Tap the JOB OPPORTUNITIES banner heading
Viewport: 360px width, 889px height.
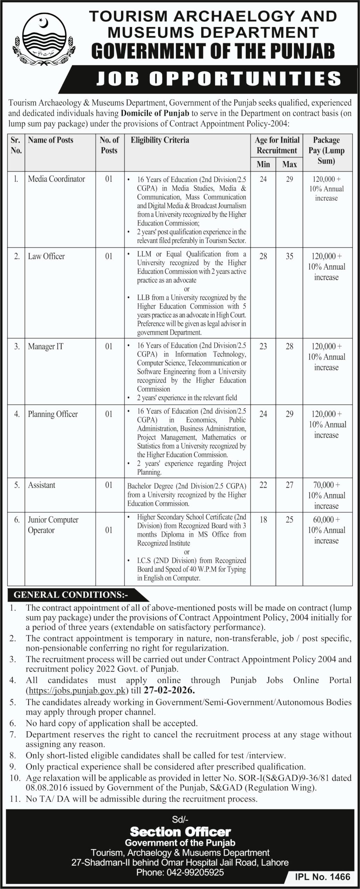(218, 79)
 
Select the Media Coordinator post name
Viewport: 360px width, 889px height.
(57, 179)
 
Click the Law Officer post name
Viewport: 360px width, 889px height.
(46, 257)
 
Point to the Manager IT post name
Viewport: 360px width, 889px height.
(45, 347)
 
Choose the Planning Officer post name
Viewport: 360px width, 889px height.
(53, 414)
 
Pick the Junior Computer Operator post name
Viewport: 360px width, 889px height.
(53, 525)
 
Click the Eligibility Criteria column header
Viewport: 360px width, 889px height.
(160, 140)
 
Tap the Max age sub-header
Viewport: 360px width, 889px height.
(290, 164)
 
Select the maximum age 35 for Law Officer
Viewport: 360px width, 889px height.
(290, 257)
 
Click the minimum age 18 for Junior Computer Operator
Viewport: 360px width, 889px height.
(263, 520)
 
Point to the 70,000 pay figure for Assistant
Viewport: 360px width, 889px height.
(326, 485)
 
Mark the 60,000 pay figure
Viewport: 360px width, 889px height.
(326, 520)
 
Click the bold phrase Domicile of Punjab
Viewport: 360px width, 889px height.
(155, 113)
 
